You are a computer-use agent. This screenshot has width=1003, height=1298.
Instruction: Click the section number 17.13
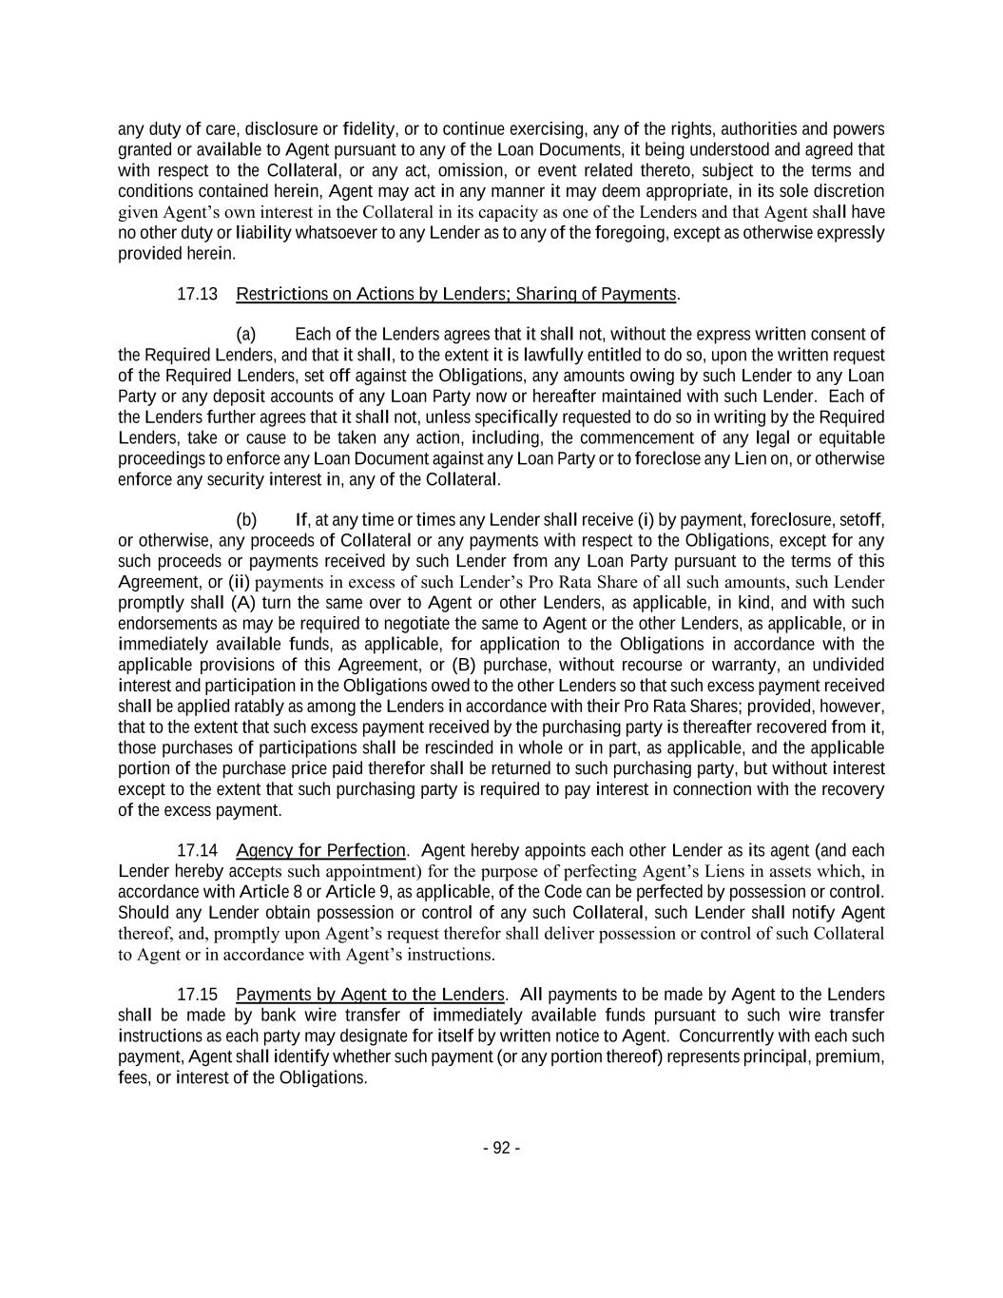pyautogui.click(x=197, y=294)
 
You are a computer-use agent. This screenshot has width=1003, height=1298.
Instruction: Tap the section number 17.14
pyautogui.click(x=197, y=850)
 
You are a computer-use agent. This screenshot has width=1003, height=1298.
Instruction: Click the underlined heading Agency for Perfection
pyautogui.click(x=320, y=850)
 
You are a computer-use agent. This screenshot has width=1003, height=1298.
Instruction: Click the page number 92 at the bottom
pyautogui.click(x=501, y=1148)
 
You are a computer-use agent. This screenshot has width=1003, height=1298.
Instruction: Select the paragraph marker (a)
pyautogui.click(x=245, y=334)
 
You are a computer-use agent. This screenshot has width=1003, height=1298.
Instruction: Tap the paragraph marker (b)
pyautogui.click(x=245, y=519)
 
